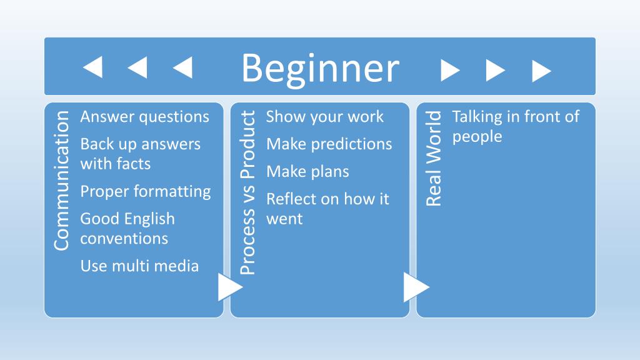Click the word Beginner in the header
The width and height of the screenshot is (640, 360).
pyautogui.click(x=320, y=68)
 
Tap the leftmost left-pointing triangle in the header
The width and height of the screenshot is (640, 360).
pyautogui.click(x=93, y=67)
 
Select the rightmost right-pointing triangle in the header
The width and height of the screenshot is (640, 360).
pyautogui.click(x=541, y=71)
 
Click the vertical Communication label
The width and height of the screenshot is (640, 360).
pyautogui.click(x=61, y=181)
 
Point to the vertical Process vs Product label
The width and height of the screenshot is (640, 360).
pyautogui.click(x=247, y=192)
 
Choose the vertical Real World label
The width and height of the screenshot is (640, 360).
pyautogui.click(x=434, y=158)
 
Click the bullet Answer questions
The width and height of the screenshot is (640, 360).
pyautogui.click(x=144, y=116)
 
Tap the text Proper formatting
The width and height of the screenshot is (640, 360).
pyautogui.click(x=146, y=191)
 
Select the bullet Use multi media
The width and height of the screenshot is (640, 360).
pyautogui.click(x=139, y=266)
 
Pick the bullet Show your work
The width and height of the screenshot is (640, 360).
pyautogui.click(x=325, y=116)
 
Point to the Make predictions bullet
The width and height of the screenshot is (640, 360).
pyautogui.click(x=329, y=144)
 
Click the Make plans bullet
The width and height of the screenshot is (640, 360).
pyautogui.click(x=307, y=171)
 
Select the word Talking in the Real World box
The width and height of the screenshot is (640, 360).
pyautogui.click(x=477, y=116)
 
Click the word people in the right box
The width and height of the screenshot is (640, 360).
pyautogui.click(x=477, y=136)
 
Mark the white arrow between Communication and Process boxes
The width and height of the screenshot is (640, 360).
pyautogui.click(x=229, y=287)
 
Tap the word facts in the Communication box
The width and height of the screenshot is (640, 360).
pyautogui.click(x=133, y=164)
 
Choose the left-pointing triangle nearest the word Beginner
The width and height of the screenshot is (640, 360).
pyautogui.click(x=182, y=67)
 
